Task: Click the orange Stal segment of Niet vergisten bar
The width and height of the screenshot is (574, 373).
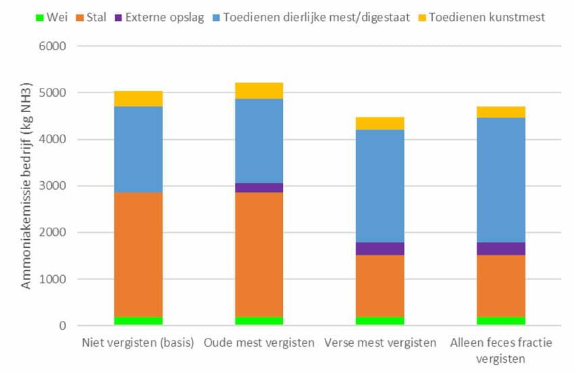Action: [x=138, y=255]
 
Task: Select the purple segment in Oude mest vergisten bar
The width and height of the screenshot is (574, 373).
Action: [x=259, y=188]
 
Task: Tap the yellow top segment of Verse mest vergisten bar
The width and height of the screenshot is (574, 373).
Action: [x=380, y=124]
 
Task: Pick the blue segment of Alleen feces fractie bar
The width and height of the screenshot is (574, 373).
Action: [x=501, y=180]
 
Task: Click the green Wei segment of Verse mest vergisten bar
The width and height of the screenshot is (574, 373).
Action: [x=380, y=321]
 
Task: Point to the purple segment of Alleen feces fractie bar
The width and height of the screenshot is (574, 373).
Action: [x=501, y=249]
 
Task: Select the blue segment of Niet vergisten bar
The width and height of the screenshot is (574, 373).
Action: [x=138, y=149]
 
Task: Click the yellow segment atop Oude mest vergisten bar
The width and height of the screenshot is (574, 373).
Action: [x=259, y=91]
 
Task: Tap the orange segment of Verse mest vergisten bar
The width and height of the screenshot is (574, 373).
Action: [x=380, y=286]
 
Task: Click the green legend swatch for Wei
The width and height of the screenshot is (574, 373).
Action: [x=40, y=18]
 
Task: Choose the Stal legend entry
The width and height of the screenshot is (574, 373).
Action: [x=91, y=17]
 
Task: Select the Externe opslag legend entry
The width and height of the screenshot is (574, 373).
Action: [x=159, y=17]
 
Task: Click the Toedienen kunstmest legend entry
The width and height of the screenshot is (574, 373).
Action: [x=481, y=17]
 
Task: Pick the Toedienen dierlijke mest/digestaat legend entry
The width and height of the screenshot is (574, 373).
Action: [x=311, y=17]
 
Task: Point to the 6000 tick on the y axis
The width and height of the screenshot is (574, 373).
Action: [x=53, y=46]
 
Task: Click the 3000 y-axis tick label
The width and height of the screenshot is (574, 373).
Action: [x=53, y=186]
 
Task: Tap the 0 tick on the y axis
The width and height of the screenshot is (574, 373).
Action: [x=63, y=326]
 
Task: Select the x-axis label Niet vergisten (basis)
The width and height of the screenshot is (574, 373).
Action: [x=138, y=343]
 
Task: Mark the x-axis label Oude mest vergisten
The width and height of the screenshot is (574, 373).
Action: [x=259, y=343]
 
